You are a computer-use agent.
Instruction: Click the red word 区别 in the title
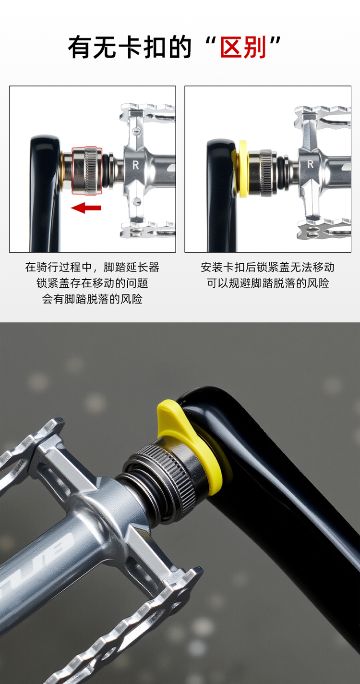[x=243, y=48]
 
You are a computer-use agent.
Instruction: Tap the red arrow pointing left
[x=86, y=208]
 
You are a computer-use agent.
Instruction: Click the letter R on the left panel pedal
[x=136, y=165]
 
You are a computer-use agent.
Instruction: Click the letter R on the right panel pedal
[x=310, y=164]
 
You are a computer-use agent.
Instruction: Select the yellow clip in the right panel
[x=242, y=169]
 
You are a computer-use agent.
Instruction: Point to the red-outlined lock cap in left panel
[x=87, y=171]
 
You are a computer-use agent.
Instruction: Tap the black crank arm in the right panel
[x=221, y=195]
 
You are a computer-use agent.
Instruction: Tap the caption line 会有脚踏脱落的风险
[x=92, y=299]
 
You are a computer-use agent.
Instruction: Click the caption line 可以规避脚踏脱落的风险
[x=268, y=283]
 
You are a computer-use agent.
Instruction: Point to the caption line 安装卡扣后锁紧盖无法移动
[x=267, y=267]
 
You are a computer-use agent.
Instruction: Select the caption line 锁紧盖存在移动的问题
[x=92, y=283]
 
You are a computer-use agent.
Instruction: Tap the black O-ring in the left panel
[x=106, y=171]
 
